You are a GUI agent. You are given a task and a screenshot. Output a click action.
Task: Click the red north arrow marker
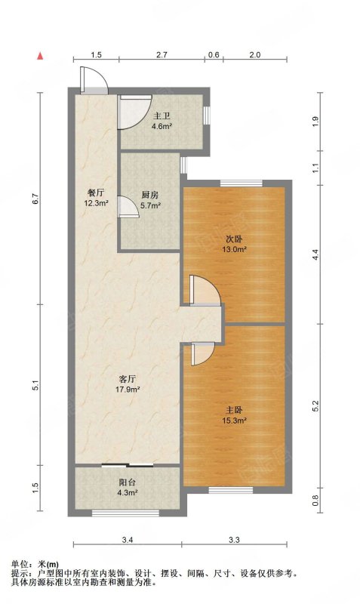pos(40,56)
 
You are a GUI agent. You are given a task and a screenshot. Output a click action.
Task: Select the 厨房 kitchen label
pos(150,195)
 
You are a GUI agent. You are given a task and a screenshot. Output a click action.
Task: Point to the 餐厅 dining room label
pos(96,193)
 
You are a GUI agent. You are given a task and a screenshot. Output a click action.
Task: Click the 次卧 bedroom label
pos(234,239)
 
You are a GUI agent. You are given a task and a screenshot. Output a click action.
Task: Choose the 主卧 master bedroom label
pos(234,410)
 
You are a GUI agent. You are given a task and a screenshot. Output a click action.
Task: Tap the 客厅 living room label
pos(128,379)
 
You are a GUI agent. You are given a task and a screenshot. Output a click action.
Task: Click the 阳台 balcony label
pos(128,482)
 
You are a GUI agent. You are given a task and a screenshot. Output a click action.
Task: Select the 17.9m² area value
pos(128,390)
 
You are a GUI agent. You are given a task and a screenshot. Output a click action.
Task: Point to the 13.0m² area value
pos(234,250)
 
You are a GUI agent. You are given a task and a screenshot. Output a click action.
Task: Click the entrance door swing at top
pos(94,80)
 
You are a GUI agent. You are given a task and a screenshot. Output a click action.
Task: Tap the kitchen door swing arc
pos(128,207)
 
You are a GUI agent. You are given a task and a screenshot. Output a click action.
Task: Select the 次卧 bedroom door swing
pos(205,291)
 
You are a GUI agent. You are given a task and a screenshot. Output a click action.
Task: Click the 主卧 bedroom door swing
pos(203,353)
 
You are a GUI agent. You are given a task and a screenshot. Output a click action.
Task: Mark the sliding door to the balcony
pos(128,465)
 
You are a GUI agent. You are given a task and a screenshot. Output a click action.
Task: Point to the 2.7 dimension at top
pos(162,55)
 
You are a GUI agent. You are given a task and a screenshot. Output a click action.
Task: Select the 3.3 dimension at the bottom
pos(234,540)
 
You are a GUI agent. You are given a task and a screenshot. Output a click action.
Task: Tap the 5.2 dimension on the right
pos(315,406)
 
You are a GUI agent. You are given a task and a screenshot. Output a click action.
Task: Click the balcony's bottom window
pos(125,513)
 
